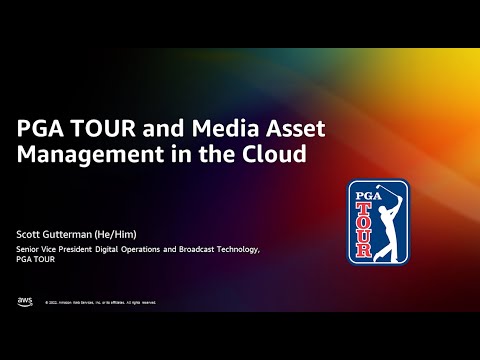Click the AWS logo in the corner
24,301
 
